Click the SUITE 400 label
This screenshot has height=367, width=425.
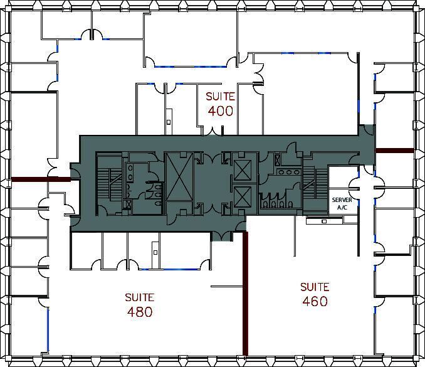point(220,104)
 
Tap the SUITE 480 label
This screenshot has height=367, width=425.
point(139,304)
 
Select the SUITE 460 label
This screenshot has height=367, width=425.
point(314,294)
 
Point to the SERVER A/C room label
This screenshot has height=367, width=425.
point(342,203)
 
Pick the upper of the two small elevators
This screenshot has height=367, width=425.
point(241,168)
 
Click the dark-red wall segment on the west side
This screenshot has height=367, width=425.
point(38,180)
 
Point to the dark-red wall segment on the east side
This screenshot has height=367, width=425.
point(394,151)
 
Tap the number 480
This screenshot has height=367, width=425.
point(139,312)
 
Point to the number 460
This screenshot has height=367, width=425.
point(314,301)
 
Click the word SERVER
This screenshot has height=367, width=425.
point(342,199)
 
